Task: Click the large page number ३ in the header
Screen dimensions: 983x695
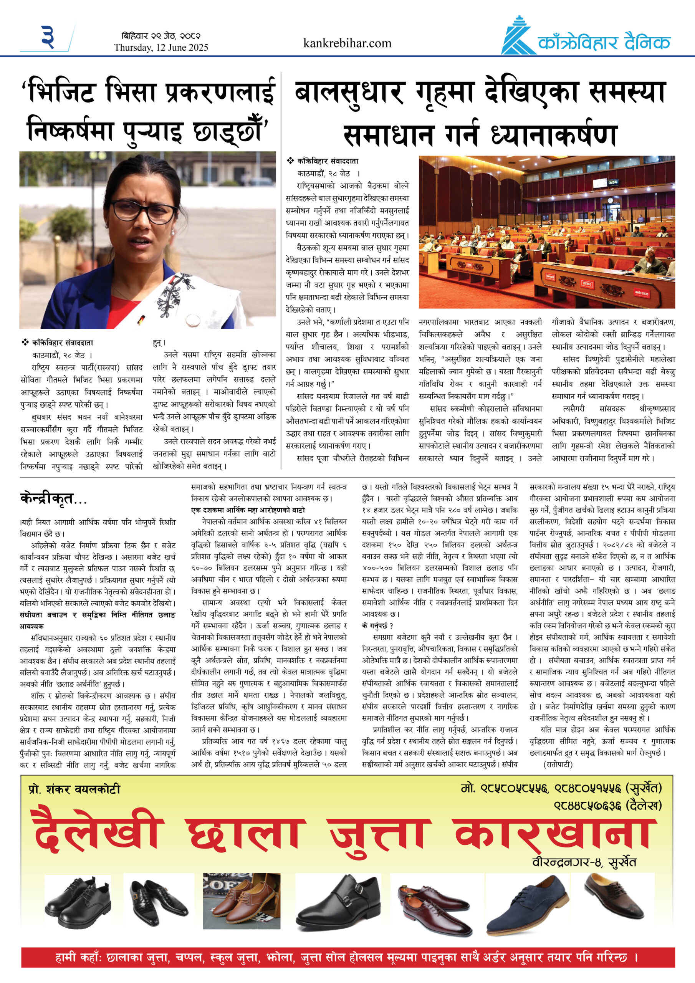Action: click(x=48, y=37)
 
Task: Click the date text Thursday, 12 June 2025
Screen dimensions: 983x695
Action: click(x=161, y=48)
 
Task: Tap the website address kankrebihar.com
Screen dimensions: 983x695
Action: click(x=347, y=43)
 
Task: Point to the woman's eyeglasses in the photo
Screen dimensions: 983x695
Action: click(x=144, y=210)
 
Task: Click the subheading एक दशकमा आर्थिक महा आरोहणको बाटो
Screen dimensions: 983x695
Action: click(x=248, y=510)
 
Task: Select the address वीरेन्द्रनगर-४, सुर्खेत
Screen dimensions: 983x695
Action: click(x=584, y=862)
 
